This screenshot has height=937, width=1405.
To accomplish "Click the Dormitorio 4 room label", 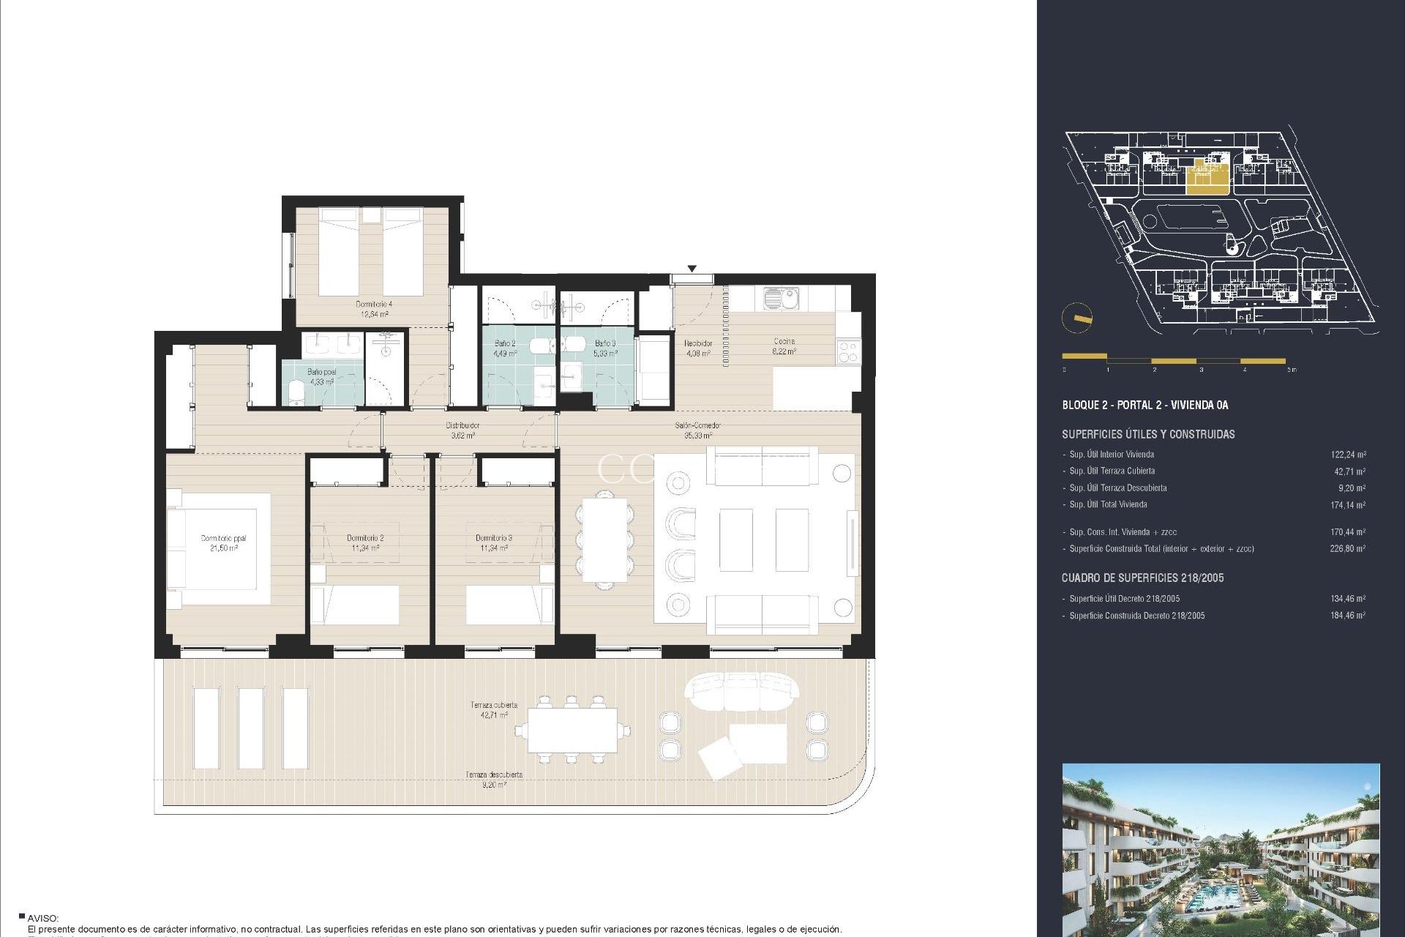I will tap(374, 309).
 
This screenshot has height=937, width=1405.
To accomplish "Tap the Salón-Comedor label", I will tap(697, 430).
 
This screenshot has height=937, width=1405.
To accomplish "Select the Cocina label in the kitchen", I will tap(784, 346).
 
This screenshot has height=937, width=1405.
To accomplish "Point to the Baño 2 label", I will tap(505, 348).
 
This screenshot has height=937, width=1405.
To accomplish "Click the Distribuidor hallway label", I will tap(462, 430).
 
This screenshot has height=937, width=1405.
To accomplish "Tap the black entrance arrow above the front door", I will tap(692, 269).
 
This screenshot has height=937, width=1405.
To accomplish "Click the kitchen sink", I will tap(781, 298).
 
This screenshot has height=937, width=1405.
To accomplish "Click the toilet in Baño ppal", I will tap(296, 392).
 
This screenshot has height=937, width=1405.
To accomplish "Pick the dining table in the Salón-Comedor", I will tap(605, 540).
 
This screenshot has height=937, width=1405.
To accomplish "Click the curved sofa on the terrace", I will tap(741, 691).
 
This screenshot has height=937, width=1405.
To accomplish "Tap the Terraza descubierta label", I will tap(494, 779).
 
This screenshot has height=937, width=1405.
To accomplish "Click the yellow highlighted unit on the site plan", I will tap(1206, 177).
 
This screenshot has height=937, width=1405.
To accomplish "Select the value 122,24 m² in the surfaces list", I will tap(1347, 455).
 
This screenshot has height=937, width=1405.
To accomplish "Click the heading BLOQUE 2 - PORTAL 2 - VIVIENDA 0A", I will tap(1144, 405).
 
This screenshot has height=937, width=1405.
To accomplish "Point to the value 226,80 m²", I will tap(1347, 548).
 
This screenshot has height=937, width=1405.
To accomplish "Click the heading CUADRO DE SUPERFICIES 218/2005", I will tap(1142, 578).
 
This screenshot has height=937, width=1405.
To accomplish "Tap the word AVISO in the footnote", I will tap(43, 918).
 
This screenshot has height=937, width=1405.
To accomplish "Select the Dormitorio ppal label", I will tap(223, 543).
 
